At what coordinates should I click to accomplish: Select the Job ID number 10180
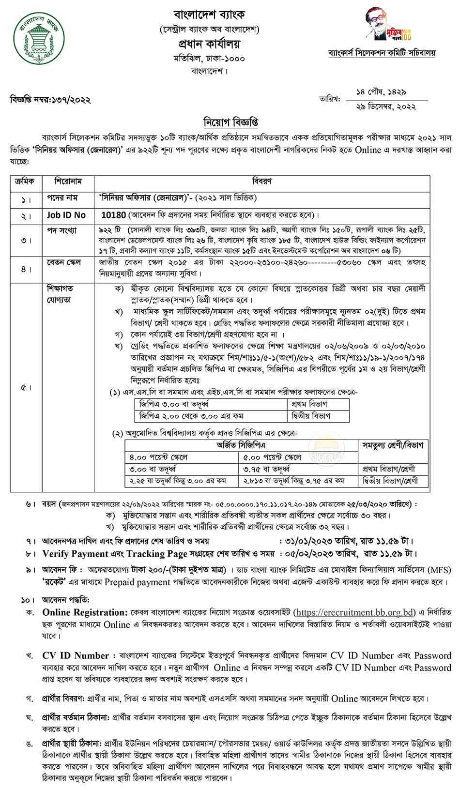[114, 214]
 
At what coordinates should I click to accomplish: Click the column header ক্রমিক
[25, 181]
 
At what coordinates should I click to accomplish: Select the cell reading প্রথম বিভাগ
[309, 404]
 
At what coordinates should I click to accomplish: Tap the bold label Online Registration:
[85, 612]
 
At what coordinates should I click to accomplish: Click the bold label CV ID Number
[76, 656]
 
